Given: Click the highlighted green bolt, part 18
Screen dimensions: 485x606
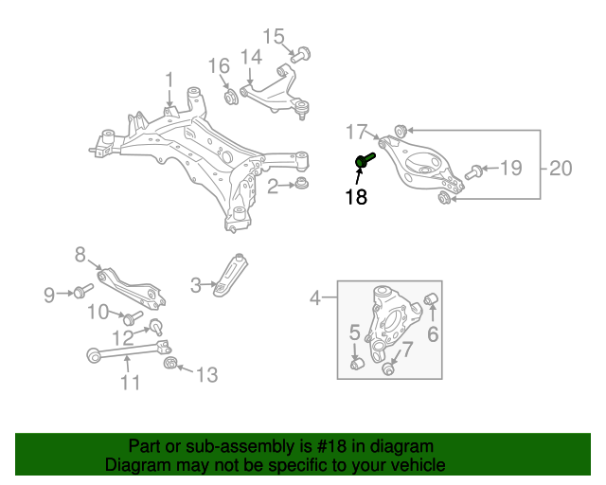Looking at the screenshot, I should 365,162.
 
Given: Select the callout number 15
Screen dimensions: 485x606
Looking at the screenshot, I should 274,37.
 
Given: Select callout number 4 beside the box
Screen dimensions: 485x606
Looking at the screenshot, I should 315,299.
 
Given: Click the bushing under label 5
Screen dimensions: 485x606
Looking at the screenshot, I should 358,364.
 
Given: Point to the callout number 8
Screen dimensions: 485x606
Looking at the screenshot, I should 80,254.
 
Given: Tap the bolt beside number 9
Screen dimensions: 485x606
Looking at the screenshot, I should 83,291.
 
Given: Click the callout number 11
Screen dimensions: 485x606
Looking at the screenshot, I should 130,383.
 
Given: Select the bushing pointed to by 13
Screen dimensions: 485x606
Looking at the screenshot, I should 171,366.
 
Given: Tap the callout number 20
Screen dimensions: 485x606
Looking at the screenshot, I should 561,169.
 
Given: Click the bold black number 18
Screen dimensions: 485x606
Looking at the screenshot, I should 355,197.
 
